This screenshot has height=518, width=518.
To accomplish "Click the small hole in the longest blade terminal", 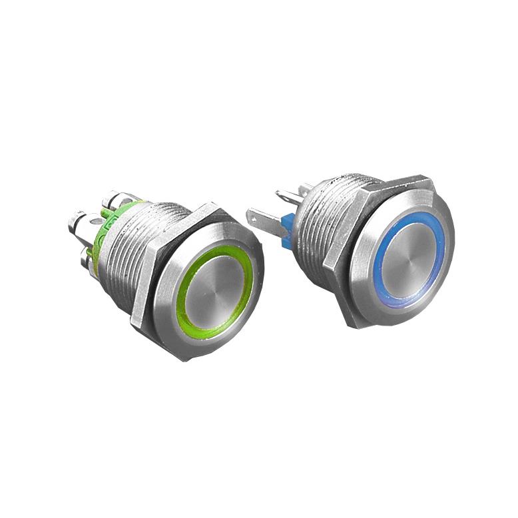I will click(x=256, y=217).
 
